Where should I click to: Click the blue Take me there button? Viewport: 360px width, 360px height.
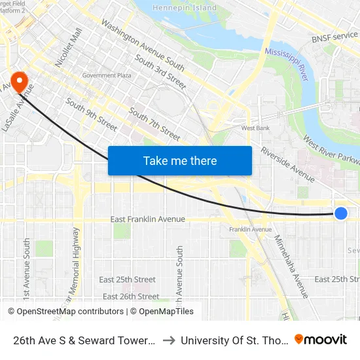click(x=180, y=160)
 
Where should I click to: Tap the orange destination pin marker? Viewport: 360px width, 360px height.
click(x=20, y=82)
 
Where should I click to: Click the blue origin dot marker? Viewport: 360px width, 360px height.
click(x=341, y=213)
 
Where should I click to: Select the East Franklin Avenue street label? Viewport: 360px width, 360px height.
click(x=147, y=219)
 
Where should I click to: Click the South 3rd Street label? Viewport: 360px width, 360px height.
click(x=160, y=72)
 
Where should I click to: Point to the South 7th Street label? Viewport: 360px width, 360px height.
click(x=154, y=124)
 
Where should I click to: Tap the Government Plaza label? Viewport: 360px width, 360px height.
click(x=107, y=76)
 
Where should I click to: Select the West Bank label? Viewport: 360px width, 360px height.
click(x=255, y=128)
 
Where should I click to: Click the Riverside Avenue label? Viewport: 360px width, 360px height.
click(x=287, y=164)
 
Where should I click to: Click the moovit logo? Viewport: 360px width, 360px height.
click(x=321, y=340)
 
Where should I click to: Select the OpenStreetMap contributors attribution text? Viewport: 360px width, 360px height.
click(x=71, y=312)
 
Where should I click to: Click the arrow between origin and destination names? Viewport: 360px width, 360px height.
click(x=168, y=340)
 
